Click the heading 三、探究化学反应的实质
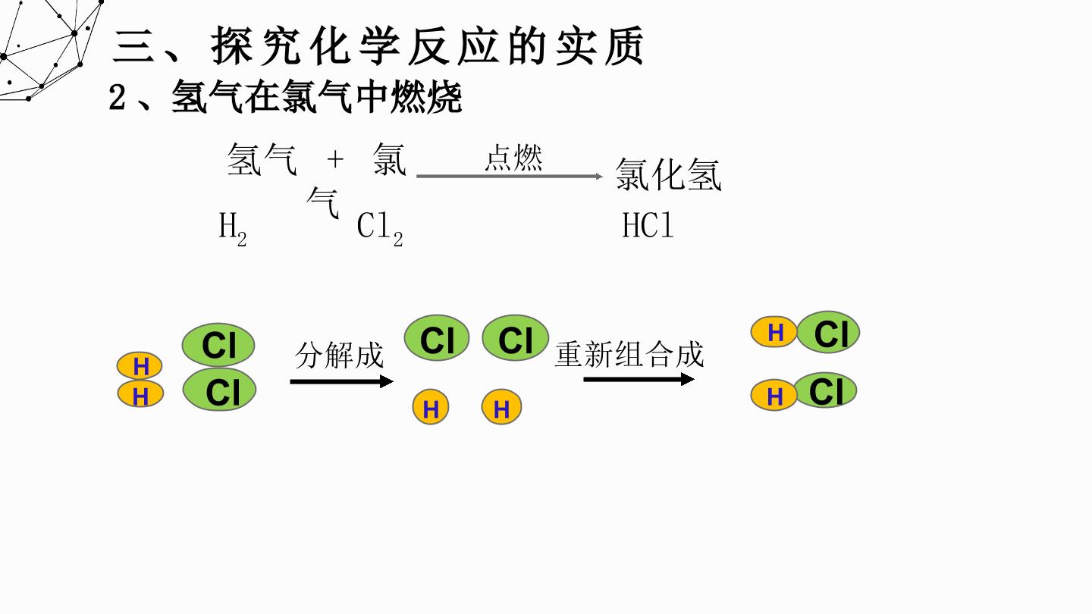click(378, 46)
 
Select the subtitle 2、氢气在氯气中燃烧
click(285, 98)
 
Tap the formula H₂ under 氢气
click(233, 229)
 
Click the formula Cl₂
click(380, 230)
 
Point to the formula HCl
click(648, 225)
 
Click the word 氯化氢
click(668, 174)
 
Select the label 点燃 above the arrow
click(513, 158)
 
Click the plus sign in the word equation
click(335, 159)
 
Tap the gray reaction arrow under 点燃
click(510, 176)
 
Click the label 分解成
click(339, 356)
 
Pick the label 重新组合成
click(629, 354)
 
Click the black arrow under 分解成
click(342, 381)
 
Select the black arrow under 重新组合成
click(639, 379)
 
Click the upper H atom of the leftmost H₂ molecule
click(140, 366)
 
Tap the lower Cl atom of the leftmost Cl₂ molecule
click(219, 390)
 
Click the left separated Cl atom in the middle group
click(437, 338)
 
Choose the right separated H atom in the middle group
click(501, 407)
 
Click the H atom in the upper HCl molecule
click(774, 332)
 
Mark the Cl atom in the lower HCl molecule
click(825, 390)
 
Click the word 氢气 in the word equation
click(262, 159)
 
